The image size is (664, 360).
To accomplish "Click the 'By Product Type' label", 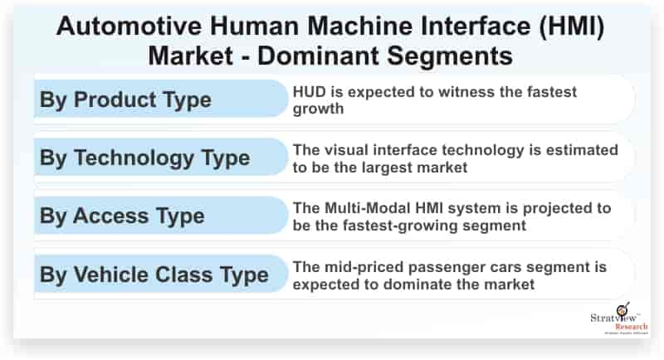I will pyautogui.click(x=124, y=100).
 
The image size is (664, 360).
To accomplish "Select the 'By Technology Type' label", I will pyautogui.click(x=144, y=158).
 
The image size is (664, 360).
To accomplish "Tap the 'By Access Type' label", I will pyautogui.click(x=122, y=216).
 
